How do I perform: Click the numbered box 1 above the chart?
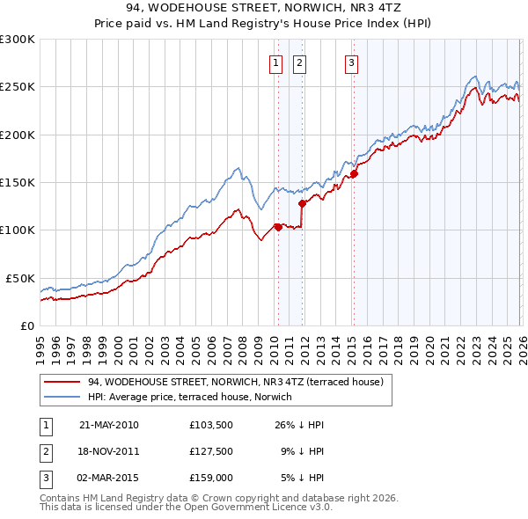275,62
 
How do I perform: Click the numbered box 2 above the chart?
299,62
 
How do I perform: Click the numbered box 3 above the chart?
351,62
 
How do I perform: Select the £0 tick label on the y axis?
26,325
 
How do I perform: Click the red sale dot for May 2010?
278,227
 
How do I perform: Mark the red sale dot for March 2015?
353,174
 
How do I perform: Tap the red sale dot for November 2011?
302,204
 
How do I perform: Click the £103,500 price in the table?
209,425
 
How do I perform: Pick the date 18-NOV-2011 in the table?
109,451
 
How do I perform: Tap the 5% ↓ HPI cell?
301,478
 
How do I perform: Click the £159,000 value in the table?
209,478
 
